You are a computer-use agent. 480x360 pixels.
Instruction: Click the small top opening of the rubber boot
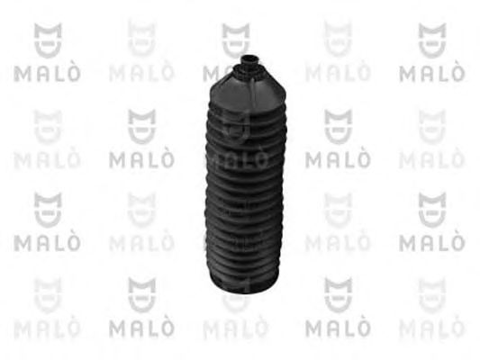coord(249,58)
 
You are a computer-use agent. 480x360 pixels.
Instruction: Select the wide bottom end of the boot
coord(245,282)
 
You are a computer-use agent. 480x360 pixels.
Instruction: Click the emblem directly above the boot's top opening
coord(236,40)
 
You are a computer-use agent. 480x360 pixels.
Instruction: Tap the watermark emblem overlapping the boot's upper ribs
coord(236,126)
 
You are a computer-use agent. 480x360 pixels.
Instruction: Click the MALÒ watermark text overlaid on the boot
coord(236,159)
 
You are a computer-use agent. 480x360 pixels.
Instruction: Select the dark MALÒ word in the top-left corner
coord(47,74)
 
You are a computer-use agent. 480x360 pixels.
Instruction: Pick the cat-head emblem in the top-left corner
coord(48,40)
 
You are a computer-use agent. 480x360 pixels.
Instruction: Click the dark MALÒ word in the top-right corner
coord(432,74)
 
